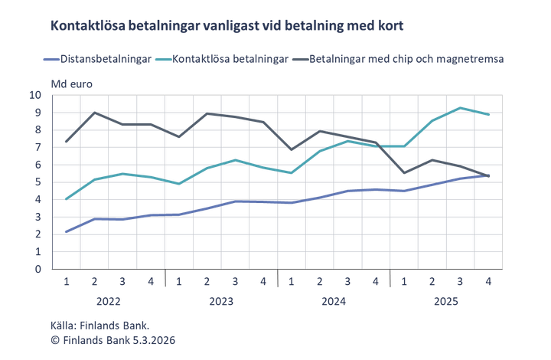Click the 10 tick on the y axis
point(57,95)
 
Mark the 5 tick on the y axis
point(58,182)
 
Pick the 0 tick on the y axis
point(58,269)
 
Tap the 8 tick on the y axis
point(58,130)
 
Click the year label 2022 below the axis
point(109,302)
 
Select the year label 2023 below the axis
point(220,302)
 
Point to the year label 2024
point(334,302)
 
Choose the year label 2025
point(446,302)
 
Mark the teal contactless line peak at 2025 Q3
point(460,107)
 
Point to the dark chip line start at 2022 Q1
point(67,142)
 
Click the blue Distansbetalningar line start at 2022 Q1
point(67,231)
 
